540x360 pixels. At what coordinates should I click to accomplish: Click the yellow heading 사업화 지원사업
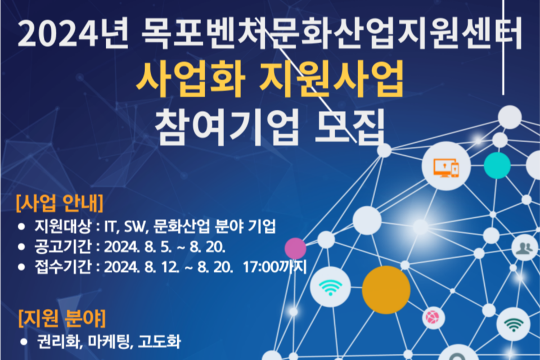coord(269,80)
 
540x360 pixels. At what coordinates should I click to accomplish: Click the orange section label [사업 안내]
coord(60,203)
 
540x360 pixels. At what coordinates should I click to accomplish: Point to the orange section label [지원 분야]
coord(62,318)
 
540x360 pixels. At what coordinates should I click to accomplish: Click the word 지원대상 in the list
coord(63,226)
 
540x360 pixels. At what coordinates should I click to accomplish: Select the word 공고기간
coord(63,246)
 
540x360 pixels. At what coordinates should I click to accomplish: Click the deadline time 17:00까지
coord(274,267)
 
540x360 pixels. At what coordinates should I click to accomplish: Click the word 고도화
coord(159,341)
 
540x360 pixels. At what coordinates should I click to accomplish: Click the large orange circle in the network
coord(386,290)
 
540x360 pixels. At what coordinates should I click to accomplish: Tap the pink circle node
coord(295,248)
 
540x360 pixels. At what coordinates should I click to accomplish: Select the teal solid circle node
coord(497,165)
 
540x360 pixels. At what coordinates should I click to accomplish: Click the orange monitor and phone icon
coord(446,168)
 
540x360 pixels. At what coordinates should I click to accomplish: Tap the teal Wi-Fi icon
coord(330,287)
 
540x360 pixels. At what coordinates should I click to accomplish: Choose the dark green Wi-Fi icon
coord(514,325)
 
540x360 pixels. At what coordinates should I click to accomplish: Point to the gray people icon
coord(524,247)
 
